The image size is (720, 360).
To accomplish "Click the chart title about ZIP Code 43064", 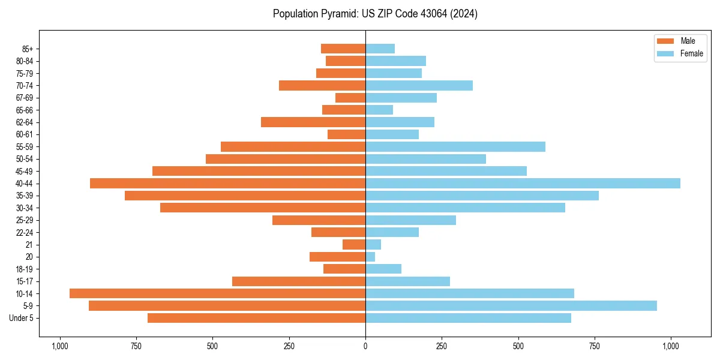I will pos(375,14).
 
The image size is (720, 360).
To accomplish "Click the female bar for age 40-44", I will pos(523,183).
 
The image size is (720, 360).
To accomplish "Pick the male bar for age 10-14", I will pos(217,293).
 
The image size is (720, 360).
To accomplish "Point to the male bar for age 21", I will pos(354,244).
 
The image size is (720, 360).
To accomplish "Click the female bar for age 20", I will pos(370,257).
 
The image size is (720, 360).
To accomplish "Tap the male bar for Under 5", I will pos(256,318).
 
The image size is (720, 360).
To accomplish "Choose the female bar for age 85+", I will pos(380,49).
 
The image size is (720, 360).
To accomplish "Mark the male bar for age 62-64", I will pos(313,122).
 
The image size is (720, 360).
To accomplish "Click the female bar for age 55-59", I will pos(455,146).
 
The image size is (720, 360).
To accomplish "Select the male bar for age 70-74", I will pos(322,85).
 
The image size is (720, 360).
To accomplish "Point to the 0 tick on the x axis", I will pos(365,346).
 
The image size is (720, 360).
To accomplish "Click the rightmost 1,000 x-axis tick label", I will pos(671,346).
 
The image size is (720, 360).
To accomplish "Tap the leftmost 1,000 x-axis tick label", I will pos(59,346).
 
